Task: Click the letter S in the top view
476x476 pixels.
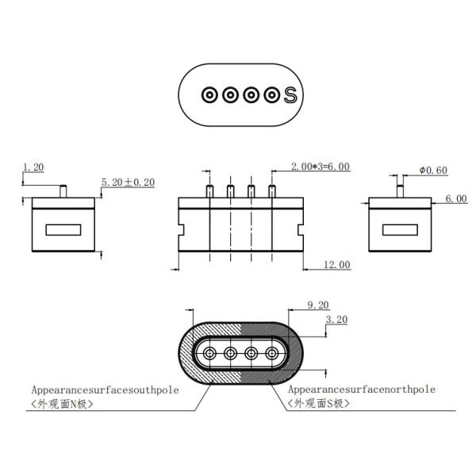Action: pos(290,94)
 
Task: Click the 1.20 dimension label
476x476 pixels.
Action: pos(33,167)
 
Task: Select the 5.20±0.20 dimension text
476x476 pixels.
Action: pos(128,182)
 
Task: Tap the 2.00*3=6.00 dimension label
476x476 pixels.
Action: pos(321,167)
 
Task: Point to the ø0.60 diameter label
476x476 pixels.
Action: pos(433,171)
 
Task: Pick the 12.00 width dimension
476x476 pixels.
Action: pos(336,264)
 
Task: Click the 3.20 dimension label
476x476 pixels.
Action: pos(339,320)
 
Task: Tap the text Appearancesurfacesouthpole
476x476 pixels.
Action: pos(106,390)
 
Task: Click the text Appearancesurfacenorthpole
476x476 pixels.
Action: pos(361,390)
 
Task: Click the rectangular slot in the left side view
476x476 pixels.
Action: pos(63,230)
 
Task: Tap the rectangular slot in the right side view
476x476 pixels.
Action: pos(400,230)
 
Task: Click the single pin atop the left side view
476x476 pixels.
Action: pos(63,190)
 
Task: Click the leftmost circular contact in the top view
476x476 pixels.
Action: pos(209,95)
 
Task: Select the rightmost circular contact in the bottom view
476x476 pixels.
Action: pos(272,353)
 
